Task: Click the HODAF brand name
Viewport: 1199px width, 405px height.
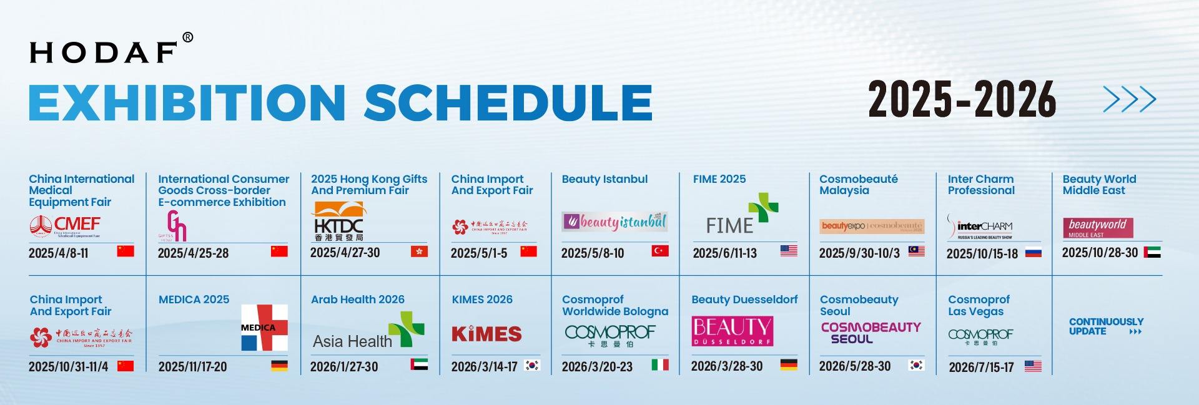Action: pyautogui.click(x=104, y=52)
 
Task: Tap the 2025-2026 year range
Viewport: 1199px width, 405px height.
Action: pyautogui.click(x=961, y=100)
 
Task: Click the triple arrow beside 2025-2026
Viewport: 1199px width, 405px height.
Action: pyautogui.click(x=1129, y=99)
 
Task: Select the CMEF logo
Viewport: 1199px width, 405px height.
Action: pyautogui.click(x=65, y=226)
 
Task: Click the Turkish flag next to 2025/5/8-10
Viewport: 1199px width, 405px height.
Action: pyautogui.click(x=659, y=251)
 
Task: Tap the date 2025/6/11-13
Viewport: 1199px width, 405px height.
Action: pyautogui.click(x=724, y=253)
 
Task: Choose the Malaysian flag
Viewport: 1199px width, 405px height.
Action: pyautogui.click(x=916, y=251)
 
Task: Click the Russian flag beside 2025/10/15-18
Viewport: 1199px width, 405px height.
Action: pyautogui.click(x=1033, y=252)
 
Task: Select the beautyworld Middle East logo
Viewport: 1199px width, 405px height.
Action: pyautogui.click(x=1097, y=228)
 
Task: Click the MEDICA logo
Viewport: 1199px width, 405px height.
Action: pyautogui.click(x=264, y=328)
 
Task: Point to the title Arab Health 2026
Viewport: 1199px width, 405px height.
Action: pyautogui.click(x=357, y=300)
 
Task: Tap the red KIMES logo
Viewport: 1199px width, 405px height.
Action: pyautogui.click(x=486, y=334)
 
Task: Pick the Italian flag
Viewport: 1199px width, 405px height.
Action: pyautogui.click(x=659, y=364)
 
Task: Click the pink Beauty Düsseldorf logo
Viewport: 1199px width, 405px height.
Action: pyautogui.click(x=732, y=331)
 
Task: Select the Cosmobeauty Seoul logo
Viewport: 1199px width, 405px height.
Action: pyautogui.click(x=871, y=333)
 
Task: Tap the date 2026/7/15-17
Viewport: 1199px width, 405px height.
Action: pyautogui.click(x=981, y=367)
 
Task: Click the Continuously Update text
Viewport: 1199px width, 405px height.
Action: pyautogui.click(x=1105, y=326)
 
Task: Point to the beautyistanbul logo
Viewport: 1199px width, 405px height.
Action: pyautogui.click(x=615, y=222)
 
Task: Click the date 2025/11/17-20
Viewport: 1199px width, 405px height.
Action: pyautogui.click(x=192, y=366)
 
